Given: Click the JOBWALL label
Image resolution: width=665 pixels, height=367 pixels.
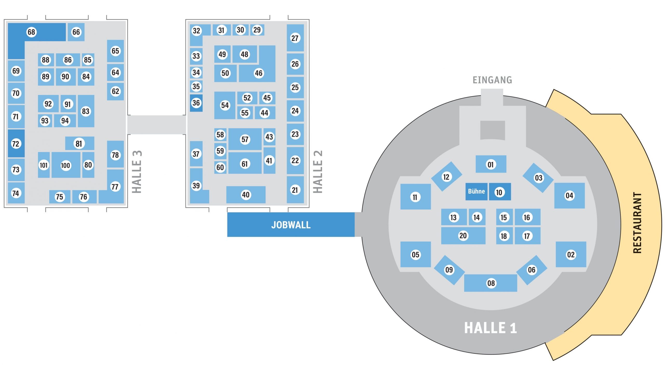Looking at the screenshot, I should (291, 225).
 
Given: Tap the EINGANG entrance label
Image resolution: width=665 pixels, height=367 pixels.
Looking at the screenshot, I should (492, 80).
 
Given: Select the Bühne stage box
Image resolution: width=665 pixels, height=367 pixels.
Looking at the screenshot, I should (476, 192).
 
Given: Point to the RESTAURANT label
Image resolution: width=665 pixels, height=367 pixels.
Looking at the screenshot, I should (637, 223).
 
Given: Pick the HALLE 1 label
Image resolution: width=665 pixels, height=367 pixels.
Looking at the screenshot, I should (490, 328).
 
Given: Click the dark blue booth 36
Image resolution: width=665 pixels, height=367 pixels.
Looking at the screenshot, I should (196, 103).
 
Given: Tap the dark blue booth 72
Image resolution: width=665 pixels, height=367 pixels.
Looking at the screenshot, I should (16, 144).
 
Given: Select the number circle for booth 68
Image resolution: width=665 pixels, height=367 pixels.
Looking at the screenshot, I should (31, 32).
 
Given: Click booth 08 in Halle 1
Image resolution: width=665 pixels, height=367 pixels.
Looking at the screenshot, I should (490, 283).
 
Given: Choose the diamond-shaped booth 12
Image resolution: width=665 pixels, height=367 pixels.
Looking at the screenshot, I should (446, 177).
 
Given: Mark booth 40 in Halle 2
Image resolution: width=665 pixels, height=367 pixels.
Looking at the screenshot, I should (246, 195).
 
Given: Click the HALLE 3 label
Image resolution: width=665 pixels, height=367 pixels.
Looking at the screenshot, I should (137, 172).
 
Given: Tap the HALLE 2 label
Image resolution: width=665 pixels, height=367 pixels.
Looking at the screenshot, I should (318, 172).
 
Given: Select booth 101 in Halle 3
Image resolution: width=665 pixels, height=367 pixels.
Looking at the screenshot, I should (44, 165).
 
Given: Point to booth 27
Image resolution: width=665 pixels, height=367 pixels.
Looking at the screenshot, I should (295, 38).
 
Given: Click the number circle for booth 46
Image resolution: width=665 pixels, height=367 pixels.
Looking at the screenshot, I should (258, 73).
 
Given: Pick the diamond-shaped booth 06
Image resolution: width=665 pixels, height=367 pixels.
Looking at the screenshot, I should (531, 270).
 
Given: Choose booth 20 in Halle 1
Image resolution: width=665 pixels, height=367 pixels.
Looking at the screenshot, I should (463, 236).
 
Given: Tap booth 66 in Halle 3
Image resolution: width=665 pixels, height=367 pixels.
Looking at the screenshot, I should (76, 32).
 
